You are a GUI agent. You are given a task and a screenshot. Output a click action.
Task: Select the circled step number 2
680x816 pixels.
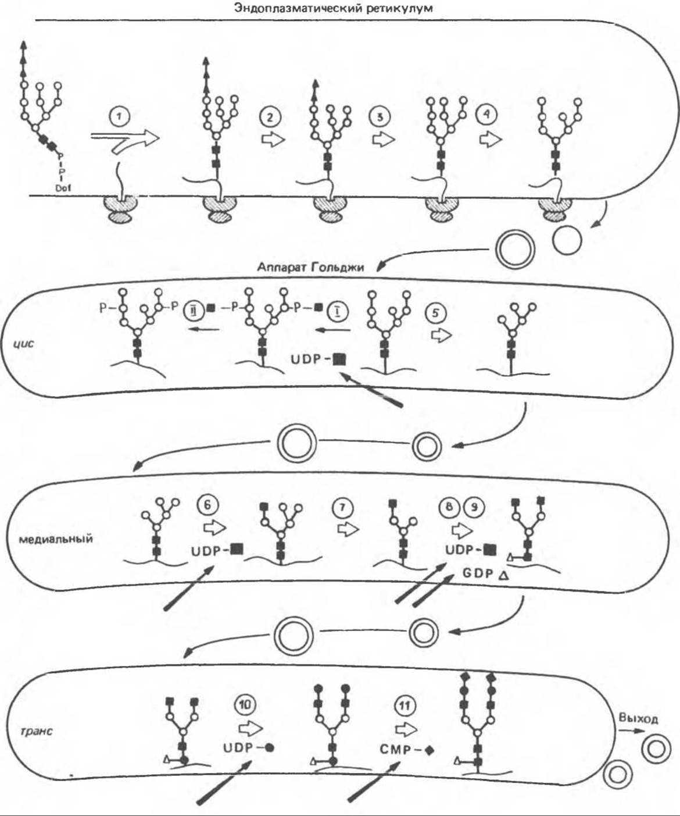(271, 117)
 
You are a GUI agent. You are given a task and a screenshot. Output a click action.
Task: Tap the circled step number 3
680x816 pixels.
(380, 117)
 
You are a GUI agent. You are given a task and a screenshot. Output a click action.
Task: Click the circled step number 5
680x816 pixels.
(436, 313)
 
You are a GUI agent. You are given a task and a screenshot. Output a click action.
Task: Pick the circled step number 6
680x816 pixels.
(208, 505)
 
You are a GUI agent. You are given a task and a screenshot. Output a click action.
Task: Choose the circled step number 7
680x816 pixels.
(342, 508)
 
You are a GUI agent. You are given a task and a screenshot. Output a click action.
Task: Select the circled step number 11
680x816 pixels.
(405, 705)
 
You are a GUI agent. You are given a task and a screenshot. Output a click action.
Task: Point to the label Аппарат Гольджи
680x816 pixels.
(310, 267)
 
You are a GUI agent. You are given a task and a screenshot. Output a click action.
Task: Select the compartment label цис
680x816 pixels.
(23, 343)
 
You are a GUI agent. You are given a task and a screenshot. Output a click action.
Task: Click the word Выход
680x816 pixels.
(638, 719)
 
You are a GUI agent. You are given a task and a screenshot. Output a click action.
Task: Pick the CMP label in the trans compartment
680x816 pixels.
(395, 749)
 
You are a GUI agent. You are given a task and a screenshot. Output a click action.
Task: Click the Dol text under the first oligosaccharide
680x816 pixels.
(62, 188)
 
